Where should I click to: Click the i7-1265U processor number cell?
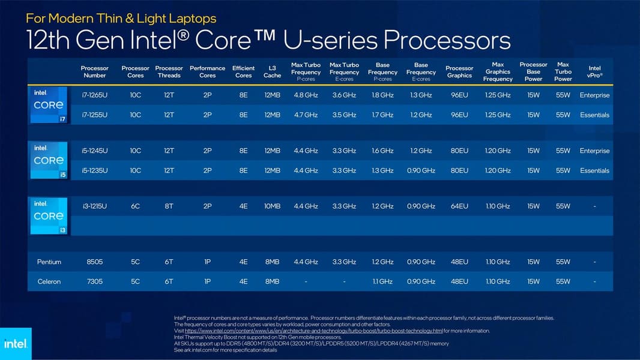point(95,95)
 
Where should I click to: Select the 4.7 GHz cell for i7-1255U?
point(306,115)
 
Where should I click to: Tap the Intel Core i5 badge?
point(49,160)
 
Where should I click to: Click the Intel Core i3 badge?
point(49,215)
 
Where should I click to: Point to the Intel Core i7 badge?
point(49,105)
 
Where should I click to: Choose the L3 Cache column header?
point(272,72)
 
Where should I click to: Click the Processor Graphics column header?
point(459,72)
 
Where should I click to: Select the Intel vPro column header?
point(595,72)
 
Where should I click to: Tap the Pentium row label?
point(49,262)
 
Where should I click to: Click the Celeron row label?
point(49,281)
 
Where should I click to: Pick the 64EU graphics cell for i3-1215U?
point(459,206)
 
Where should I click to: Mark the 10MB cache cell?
point(272,206)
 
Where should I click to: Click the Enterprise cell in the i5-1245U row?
point(595,151)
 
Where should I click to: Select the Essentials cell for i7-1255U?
point(595,115)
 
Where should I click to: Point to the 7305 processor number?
point(95,281)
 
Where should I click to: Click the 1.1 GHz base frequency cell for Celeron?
point(382,281)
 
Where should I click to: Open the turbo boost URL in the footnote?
point(313,331)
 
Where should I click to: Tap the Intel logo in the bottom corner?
point(16,344)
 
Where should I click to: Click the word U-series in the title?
point(329,40)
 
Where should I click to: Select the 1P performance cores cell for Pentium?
point(207,262)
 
